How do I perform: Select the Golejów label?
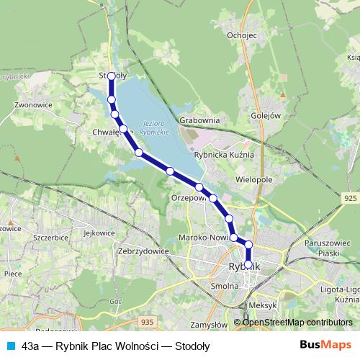click(265, 114)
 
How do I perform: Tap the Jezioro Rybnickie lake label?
click(155, 127)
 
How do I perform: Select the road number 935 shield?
click(148, 322)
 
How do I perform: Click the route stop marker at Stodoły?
click(112, 76)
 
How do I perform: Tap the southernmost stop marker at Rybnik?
click(248, 264)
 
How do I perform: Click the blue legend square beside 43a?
click(9, 346)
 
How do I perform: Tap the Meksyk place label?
click(262, 305)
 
